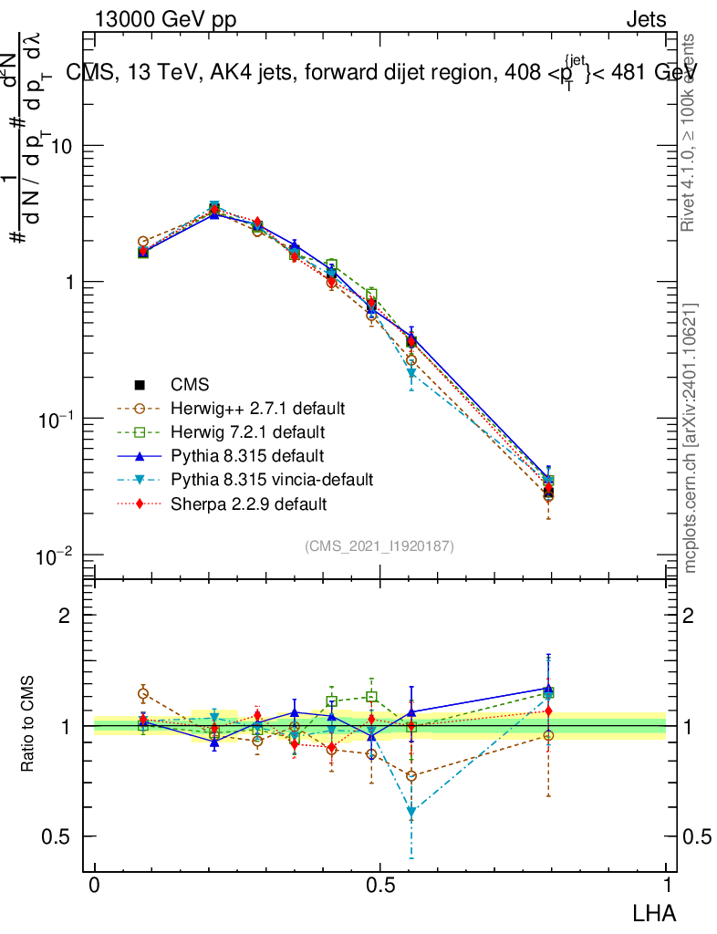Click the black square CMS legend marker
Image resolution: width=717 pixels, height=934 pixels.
point(140,383)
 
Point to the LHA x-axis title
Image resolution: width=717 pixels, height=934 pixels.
point(656,911)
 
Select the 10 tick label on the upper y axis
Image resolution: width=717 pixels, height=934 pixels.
point(62,146)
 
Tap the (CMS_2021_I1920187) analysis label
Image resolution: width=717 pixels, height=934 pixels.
point(379,545)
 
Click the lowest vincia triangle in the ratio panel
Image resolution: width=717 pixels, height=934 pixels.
point(411,811)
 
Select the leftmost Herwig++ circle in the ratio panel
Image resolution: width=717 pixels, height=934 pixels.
point(143,694)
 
